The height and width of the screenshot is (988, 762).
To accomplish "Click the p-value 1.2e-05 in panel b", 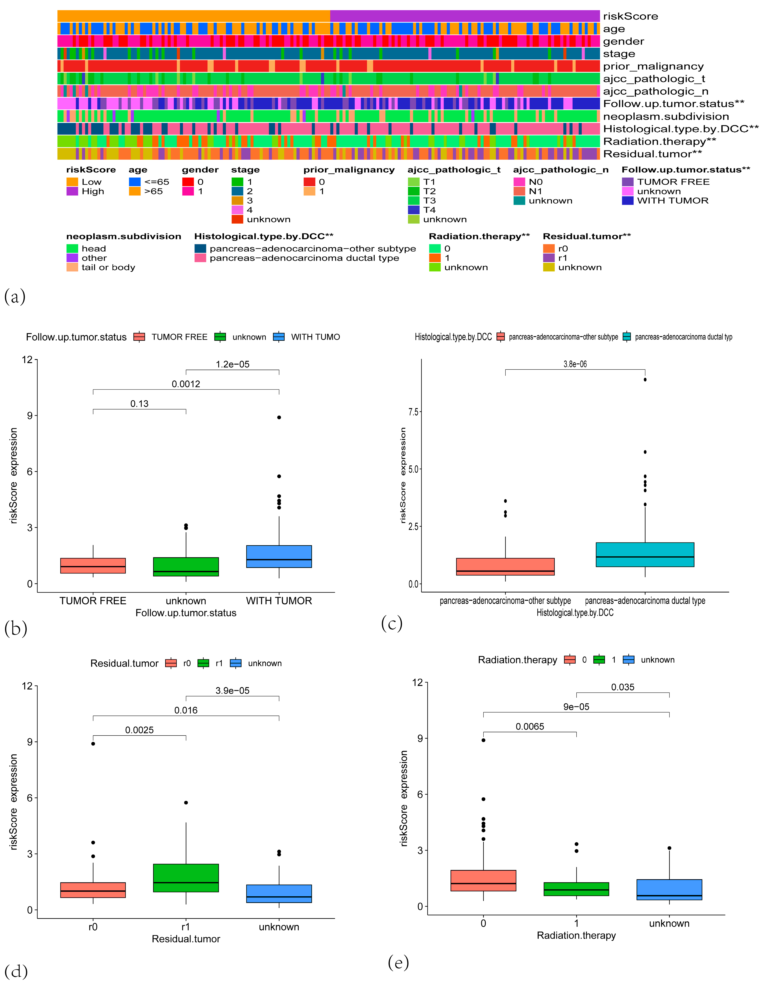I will point(232,364).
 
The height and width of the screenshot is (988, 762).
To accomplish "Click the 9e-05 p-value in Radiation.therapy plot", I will point(576,707).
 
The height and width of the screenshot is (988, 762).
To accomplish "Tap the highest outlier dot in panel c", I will point(645,380).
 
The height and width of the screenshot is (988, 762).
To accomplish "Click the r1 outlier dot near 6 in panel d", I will point(186,803).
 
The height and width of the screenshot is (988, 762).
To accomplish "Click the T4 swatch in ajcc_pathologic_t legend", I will point(413,210).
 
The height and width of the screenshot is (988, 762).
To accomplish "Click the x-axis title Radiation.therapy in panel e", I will point(576,935).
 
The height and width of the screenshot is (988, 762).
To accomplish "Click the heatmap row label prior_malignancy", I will point(653,67).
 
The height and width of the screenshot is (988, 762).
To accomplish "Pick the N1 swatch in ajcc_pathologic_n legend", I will point(519,191).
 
